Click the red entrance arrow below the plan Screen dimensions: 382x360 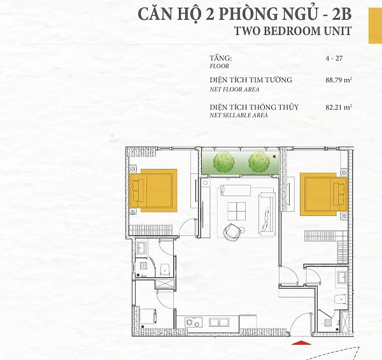point(301,343)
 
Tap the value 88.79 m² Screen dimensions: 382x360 point(339,80)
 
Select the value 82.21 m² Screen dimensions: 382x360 point(339,107)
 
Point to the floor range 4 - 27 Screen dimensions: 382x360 point(334,58)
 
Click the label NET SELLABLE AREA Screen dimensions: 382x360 point(239,115)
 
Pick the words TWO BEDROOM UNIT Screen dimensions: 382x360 point(293,31)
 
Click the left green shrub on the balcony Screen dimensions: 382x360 point(223,161)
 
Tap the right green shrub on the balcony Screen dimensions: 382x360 point(259,162)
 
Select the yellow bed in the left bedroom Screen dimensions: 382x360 point(153,191)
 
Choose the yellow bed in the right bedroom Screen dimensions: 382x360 point(323,194)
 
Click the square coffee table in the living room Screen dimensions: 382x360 point(237,211)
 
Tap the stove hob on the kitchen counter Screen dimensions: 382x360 point(194,322)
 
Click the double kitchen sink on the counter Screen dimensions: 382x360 point(219,322)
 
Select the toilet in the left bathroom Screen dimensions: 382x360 point(165,270)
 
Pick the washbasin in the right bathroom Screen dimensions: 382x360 point(343,277)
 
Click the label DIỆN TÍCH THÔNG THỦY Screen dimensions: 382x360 point(254,107)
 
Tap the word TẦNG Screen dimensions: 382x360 point(221,58)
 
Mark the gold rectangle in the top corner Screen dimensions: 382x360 point(375,25)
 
